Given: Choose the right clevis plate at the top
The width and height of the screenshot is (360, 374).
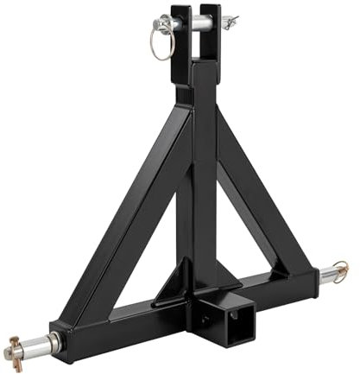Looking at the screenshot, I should (214, 35).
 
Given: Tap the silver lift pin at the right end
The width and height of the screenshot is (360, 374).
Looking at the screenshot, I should (333, 277).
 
